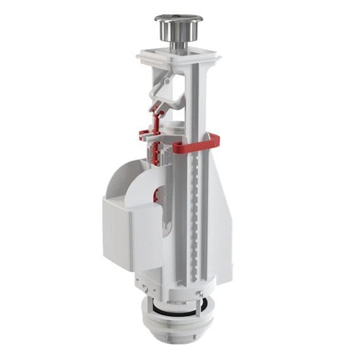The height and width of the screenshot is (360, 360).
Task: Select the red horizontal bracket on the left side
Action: (x=149, y=135)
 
